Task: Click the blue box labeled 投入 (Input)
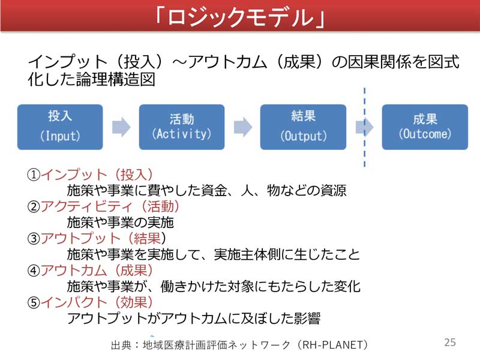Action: pos(60,127)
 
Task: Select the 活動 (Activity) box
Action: pos(182,127)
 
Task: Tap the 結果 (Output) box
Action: pos(303,127)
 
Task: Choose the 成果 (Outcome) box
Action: pos(425,127)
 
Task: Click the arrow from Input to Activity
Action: pos(121,127)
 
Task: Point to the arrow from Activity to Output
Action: pos(243,127)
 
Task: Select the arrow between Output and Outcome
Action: pos(364,127)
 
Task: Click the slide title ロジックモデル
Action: pos(240,17)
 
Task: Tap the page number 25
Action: pos(450,342)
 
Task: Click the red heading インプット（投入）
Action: pos(97,175)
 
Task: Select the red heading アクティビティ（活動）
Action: pos(110,206)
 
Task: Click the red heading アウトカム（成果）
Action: pos(97,271)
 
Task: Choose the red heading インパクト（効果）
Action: pos(97,302)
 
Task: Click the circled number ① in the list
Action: pos(34,175)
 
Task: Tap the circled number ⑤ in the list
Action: pos(34,303)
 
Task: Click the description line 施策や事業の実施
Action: pos(121,222)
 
